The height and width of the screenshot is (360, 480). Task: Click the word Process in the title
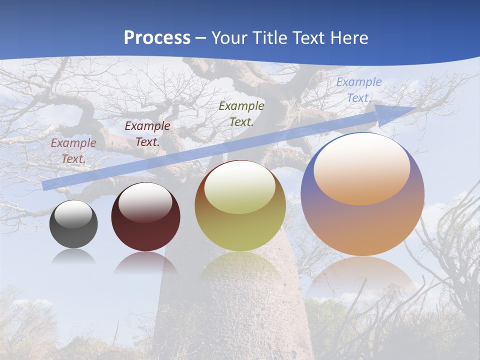coord(157,38)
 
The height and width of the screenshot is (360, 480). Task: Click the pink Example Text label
coord(73,151)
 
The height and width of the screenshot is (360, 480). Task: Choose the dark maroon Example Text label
coord(147,134)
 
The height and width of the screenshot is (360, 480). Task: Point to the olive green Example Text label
coord(241,113)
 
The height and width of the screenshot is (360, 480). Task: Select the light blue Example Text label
coord(358,90)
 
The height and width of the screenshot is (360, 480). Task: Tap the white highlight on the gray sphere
coord(73,214)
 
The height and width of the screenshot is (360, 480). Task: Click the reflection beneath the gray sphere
coord(73,257)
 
